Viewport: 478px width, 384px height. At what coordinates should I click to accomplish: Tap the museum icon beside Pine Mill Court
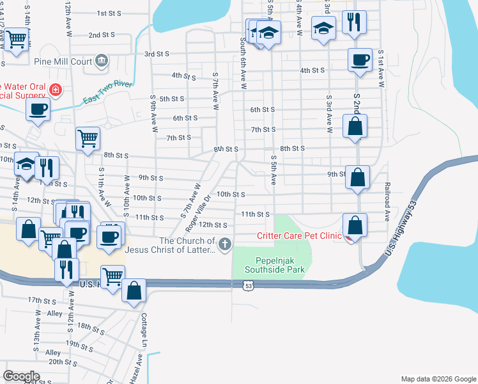101,61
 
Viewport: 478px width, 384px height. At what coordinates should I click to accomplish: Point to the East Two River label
107,92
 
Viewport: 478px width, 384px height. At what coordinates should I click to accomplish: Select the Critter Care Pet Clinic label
299,236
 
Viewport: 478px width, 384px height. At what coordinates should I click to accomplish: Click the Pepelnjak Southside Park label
280,265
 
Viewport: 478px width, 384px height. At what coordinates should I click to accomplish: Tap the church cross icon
224,244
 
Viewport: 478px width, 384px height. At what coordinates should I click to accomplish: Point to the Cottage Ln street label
144,326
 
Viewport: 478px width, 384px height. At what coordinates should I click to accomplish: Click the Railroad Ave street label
387,201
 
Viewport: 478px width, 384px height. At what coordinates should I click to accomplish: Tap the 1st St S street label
110,13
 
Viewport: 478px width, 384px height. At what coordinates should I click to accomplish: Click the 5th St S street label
172,99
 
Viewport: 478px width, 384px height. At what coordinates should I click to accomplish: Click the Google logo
22,376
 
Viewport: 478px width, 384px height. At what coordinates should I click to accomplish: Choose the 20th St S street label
64,362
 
